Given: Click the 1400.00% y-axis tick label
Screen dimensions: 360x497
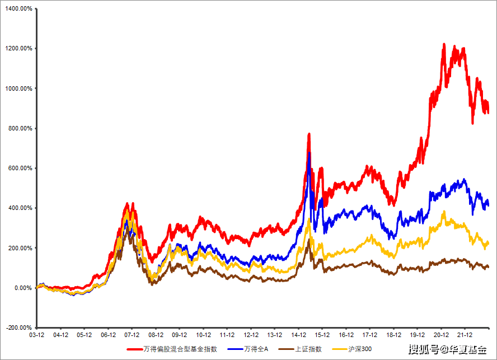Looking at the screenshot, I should (18, 8).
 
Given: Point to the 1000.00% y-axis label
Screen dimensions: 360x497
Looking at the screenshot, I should (18, 88).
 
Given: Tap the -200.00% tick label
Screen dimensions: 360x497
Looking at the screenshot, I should (18, 328).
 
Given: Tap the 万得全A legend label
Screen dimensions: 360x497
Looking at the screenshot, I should (256, 349).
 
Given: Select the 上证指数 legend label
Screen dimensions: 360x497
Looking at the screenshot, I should (308, 349).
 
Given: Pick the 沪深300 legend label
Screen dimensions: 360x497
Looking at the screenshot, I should (360, 349).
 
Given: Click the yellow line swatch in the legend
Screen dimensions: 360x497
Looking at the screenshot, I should (339, 349).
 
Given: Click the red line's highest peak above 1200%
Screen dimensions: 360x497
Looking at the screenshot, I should (444, 44).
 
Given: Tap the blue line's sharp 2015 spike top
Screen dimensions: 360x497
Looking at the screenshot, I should (309, 153).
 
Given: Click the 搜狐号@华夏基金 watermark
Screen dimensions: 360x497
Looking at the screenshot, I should (447, 350).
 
